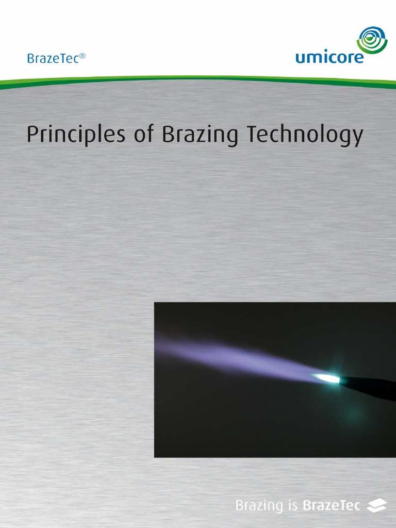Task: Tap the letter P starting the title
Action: [x=32, y=135]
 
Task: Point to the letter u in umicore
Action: [x=300, y=58]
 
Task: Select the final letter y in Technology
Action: [x=357, y=138]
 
